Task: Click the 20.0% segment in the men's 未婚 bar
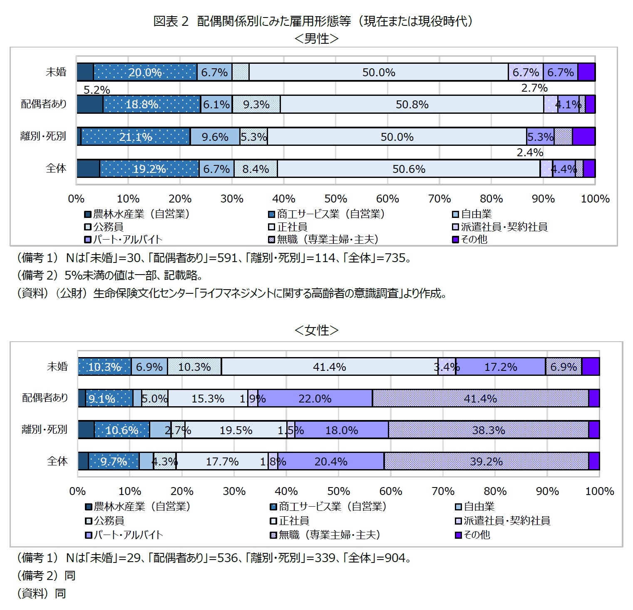[x=145, y=72]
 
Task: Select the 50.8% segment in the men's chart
[x=412, y=104]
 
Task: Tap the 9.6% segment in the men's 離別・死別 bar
[x=215, y=137]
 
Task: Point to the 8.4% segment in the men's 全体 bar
[x=256, y=169]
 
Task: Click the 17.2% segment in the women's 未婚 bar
[x=500, y=367]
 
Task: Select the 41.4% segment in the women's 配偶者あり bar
[x=480, y=399]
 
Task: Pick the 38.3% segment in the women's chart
[x=488, y=430]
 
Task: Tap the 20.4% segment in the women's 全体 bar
[x=331, y=462]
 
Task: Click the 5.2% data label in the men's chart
[x=97, y=90]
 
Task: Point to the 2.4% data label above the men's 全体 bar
[x=530, y=152]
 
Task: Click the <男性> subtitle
[x=316, y=38]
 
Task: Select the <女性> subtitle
[x=316, y=330]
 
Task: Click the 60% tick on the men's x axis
[x=387, y=199]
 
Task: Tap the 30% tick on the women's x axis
[x=234, y=491]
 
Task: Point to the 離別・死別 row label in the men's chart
[x=43, y=136]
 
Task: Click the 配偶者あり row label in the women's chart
[x=45, y=398]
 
